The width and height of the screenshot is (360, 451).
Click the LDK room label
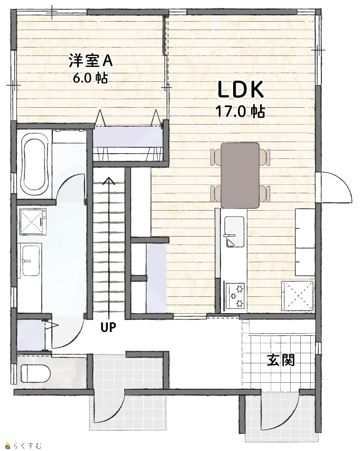click(241, 89)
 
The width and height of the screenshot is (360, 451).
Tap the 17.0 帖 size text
click(241, 111)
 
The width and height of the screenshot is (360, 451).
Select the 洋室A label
click(90, 61)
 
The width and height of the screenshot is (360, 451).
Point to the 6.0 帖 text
click(90, 78)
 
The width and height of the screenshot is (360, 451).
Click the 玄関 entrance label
click(281, 360)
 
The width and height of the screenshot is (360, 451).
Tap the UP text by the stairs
click(108, 327)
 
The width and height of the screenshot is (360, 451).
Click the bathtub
click(34, 164)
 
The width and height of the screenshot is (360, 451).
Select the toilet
click(35, 373)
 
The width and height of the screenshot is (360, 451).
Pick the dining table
click(240, 175)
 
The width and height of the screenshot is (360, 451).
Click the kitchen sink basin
click(234, 232)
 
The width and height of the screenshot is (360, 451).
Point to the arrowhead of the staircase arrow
click(109, 181)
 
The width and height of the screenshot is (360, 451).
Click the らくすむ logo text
click(27, 446)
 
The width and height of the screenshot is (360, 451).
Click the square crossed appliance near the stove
click(297, 296)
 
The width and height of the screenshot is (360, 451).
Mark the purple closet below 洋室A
click(127, 136)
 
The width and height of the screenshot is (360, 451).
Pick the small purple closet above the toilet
click(31, 335)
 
